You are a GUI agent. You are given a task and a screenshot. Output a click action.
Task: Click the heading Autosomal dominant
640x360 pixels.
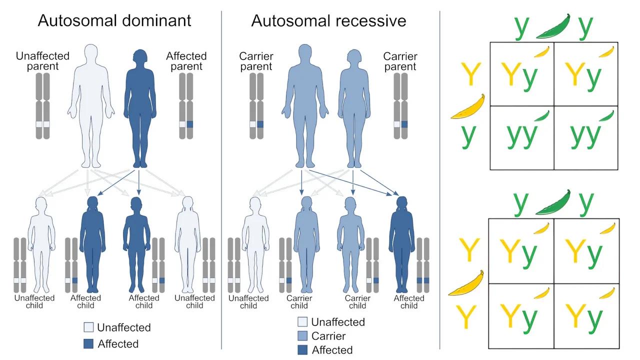114,20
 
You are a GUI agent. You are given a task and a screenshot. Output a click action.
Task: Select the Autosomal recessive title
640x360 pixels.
328,20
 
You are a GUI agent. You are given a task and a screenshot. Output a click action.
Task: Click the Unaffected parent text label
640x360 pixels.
42,61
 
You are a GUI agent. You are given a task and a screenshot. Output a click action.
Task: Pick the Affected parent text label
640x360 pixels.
186,61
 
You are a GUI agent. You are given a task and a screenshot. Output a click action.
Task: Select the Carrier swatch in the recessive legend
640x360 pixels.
302,336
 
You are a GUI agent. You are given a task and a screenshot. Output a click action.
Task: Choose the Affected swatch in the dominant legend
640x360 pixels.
88,343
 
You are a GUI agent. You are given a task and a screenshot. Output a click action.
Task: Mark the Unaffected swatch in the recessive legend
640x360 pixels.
302,322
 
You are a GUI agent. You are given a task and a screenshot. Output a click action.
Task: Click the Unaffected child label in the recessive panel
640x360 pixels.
248,302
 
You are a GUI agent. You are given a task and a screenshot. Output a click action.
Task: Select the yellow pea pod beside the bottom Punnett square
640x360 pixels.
466,283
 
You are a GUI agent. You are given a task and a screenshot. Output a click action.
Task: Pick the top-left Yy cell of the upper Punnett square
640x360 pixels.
521,74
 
